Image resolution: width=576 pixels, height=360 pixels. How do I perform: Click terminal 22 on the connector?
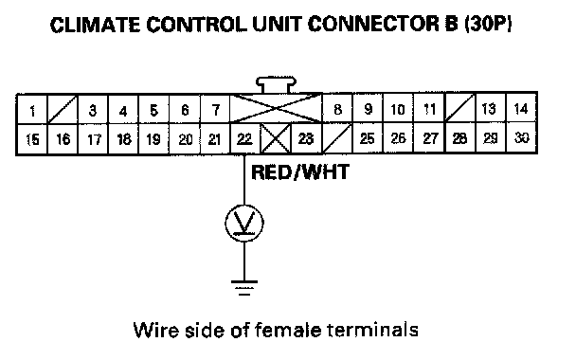click(x=244, y=138)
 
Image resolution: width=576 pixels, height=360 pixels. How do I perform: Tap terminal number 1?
click(x=32, y=110)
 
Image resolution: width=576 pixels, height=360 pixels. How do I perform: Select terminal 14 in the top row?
click(x=521, y=108)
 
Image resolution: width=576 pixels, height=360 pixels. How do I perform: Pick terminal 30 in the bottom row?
click(x=521, y=137)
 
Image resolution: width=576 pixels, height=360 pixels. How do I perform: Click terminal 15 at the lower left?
click(x=32, y=139)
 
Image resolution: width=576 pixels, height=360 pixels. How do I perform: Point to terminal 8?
click(x=337, y=109)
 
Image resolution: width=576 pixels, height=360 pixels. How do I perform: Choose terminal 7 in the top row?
click(x=216, y=110)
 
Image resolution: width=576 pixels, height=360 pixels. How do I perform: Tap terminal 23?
click(x=306, y=138)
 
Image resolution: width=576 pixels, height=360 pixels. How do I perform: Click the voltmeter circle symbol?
click(x=244, y=223)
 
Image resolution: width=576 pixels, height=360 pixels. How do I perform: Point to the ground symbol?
click(x=244, y=288)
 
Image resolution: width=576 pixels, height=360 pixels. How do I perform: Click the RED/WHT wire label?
click(x=300, y=172)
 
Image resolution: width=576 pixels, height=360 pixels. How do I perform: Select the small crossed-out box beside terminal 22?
click(x=276, y=138)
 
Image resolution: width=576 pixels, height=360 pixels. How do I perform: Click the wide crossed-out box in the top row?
click(x=276, y=109)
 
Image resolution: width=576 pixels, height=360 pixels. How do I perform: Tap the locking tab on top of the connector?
click(x=277, y=85)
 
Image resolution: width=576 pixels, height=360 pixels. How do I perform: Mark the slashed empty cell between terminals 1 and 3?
click(x=63, y=110)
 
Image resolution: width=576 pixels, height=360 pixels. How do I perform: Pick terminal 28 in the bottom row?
click(x=460, y=137)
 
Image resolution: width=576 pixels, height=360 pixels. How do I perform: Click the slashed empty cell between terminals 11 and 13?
click(x=460, y=108)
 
